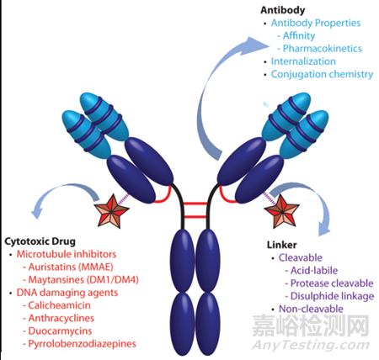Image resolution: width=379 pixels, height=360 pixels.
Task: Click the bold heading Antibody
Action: (x=282, y=10)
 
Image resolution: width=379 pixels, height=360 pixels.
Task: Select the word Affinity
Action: (x=299, y=35)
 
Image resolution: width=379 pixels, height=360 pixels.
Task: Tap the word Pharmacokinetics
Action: (x=323, y=49)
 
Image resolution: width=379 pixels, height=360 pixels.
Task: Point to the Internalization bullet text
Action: (x=303, y=61)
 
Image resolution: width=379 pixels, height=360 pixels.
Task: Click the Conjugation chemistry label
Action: (x=322, y=74)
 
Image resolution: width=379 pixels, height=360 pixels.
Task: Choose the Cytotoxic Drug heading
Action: (x=40, y=241)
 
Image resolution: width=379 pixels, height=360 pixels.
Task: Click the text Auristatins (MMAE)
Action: (x=71, y=267)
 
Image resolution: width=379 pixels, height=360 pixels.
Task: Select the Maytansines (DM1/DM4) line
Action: (x=83, y=280)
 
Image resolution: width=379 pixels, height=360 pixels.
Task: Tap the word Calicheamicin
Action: (x=60, y=305)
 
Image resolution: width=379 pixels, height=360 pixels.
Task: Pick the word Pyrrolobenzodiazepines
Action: (x=83, y=344)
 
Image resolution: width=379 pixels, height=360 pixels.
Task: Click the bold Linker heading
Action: (x=281, y=245)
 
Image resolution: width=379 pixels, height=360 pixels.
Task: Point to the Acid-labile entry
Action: (x=314, y=271)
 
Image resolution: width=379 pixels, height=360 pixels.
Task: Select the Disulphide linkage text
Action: (x=333, y=296)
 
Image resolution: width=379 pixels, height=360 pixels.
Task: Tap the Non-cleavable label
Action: (x=311, y=309)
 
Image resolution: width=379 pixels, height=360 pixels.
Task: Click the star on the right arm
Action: (x=282, y=211)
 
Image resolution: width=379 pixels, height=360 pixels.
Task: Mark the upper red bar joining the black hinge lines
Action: (x=195, y=204)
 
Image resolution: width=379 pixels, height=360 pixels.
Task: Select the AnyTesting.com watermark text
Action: (x=311, y=344)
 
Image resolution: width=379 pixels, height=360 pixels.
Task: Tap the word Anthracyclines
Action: (x=61, y=318)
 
